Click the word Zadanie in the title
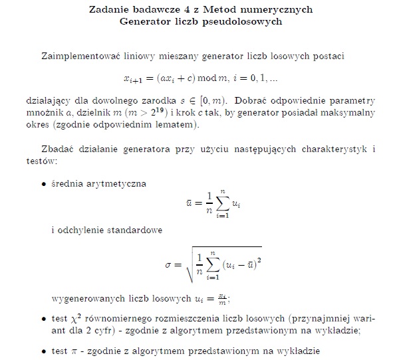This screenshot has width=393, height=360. (x=108, y=10)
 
